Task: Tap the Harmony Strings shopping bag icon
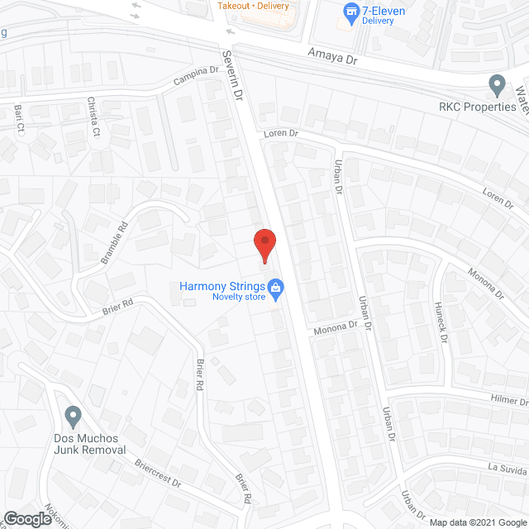click(x=277, y=290)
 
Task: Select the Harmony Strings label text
click(x=222, y=287)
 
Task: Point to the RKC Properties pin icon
click(x=497, y=84)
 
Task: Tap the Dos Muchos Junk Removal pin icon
click(x=73, y=416)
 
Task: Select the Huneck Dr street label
click(x=440, y=322)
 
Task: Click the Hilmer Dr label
click(x=508, y=401)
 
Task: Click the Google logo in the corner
click(x=27, y=518)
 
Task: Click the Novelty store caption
click(x=237, y=298)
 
